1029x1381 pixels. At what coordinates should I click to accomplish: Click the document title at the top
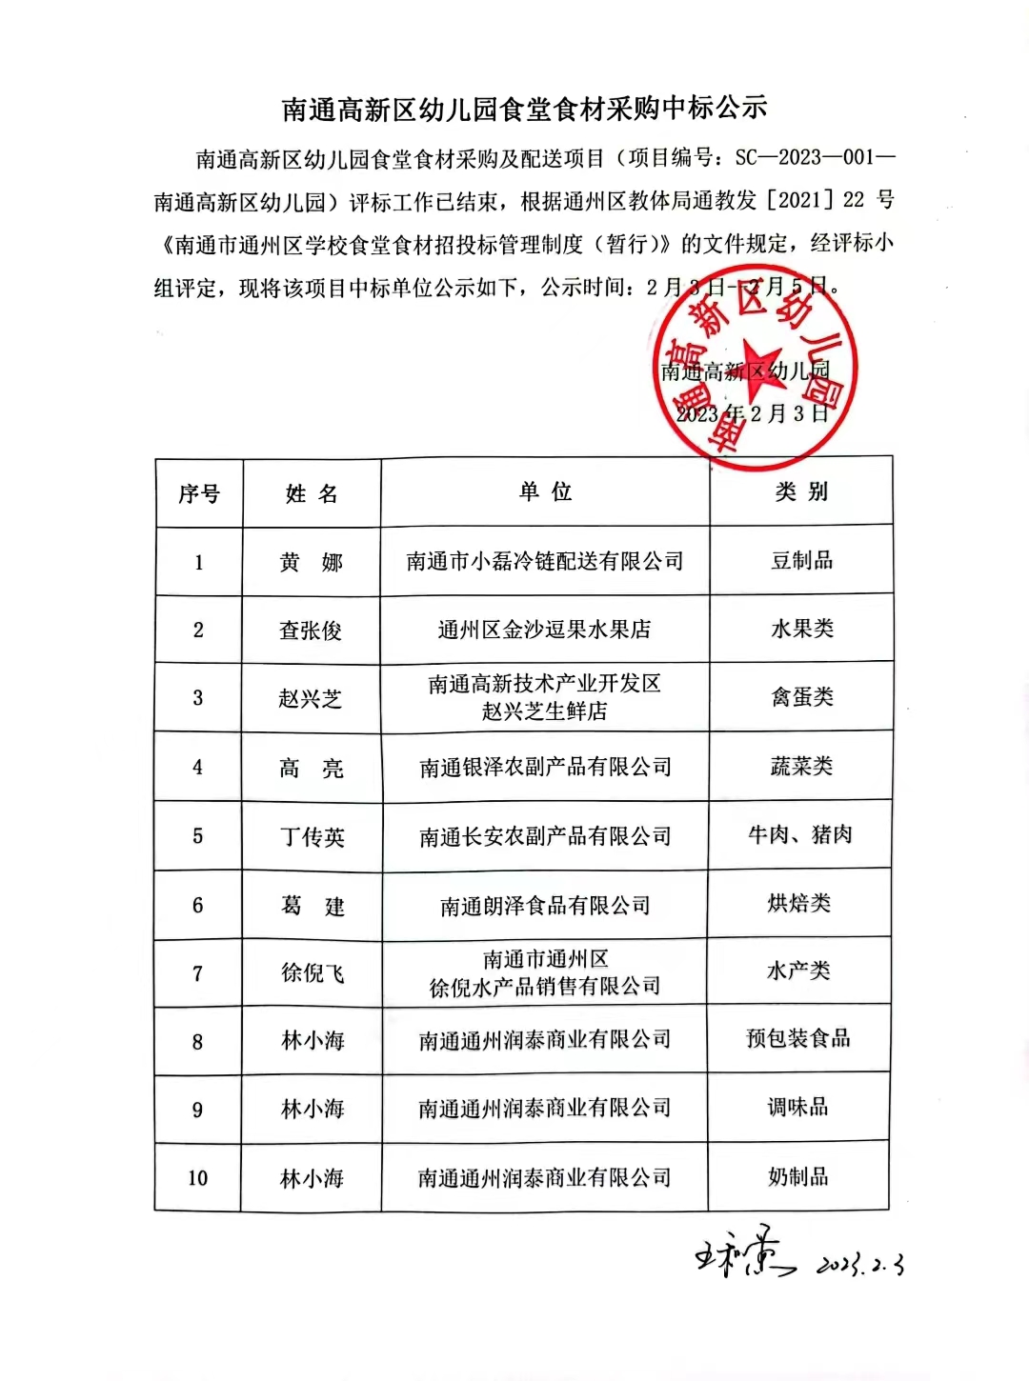[525, 109]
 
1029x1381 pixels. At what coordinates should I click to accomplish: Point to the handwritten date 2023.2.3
[860, 1265]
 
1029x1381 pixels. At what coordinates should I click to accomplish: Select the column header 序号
[199, 493]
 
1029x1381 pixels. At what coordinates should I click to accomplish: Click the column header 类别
[801, 491]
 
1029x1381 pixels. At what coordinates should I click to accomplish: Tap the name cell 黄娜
[311, 563]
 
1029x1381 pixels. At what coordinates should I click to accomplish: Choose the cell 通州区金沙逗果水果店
[544, 630]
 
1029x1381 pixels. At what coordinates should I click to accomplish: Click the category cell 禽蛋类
[801, 697]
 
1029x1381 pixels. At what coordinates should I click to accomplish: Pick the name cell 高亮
[311, 769]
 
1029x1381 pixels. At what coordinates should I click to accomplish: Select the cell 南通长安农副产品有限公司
[545, 837]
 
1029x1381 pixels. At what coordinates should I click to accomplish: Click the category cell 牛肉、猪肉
[800, 835]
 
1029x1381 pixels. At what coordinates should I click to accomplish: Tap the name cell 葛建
[312, 906]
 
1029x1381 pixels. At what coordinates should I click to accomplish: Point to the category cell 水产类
[798, 971]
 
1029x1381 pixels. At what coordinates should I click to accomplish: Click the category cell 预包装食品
[798, 1038]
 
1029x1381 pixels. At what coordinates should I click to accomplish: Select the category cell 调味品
[798, 1108]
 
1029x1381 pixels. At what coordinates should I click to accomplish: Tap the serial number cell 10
[197, 1178]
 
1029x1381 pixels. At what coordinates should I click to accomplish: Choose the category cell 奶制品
[798, 1177]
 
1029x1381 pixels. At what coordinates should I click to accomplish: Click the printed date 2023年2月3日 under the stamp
[753, 413]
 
